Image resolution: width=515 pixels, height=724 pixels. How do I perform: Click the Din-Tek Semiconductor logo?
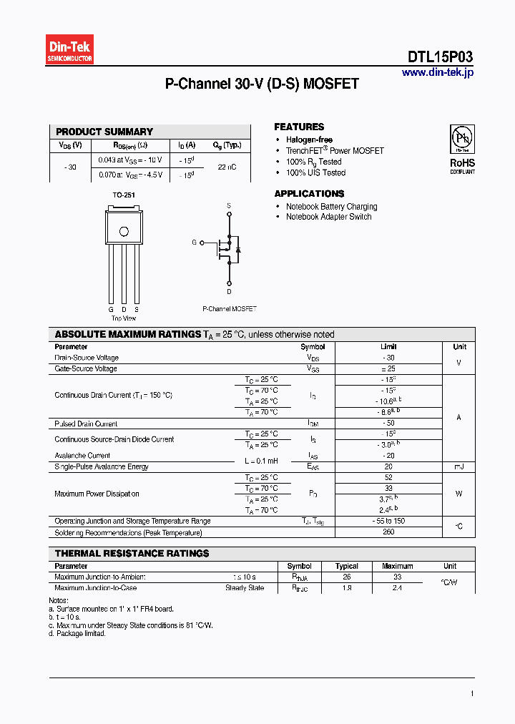(x=70, y=50)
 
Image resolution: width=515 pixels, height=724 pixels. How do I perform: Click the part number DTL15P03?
(x=440, y=57)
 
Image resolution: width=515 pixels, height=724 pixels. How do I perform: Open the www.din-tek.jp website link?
(x=437, y=72)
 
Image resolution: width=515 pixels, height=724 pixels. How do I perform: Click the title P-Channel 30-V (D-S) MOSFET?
(x=262, y=84)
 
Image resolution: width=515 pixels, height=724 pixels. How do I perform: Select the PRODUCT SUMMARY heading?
(x=104, y=132)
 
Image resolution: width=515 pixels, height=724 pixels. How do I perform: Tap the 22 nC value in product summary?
(x=227, y=167)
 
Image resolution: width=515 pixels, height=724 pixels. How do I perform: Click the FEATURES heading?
(x=299, y=127)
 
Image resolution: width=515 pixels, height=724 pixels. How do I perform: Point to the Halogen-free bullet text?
(x=309, y=140)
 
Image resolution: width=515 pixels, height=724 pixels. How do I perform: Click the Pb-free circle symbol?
(x=461, y=137)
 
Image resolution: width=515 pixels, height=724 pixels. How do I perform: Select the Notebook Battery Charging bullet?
(x=331, y=207)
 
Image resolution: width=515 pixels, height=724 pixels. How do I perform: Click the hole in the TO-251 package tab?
(x=124, y=231)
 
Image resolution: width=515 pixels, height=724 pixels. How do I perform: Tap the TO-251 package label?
(x=124, y=195)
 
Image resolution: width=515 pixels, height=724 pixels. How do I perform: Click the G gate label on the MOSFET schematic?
(x=194, y=243)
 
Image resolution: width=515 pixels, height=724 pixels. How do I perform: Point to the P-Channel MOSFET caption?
(x=229, y=309)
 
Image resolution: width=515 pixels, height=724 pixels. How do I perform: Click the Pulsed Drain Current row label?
(x=86, y=424)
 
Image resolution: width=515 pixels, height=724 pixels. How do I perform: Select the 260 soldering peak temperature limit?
(x=388, y=532)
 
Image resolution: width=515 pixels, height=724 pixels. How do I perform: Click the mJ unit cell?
(x=458, y=466)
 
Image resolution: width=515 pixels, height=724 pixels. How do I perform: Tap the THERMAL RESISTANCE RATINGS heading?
(x=132, y=554)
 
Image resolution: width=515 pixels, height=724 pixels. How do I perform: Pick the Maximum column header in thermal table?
(x=398, y=566)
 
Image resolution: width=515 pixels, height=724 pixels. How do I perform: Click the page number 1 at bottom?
(x=472, y=693)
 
